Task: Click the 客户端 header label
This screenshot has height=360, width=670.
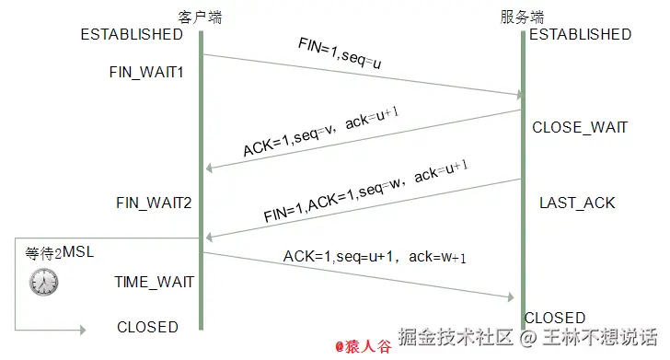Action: coord(200,17)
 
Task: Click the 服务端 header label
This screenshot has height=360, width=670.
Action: coord(522,17)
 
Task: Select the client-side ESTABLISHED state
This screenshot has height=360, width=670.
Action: coord(132,34)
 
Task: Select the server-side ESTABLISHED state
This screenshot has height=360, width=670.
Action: coord(580,34)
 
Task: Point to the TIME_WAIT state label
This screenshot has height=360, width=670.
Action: coord(154,282)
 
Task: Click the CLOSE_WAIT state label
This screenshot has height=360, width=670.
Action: coord(580,128)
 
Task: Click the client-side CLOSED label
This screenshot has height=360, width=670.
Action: coord(147,327)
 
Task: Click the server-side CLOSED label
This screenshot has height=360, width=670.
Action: coord(554,318)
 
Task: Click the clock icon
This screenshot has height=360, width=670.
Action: coord(42,282)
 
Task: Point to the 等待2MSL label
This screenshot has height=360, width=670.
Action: coord(60,252)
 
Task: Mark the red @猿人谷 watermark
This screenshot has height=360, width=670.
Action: coord(363,346)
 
